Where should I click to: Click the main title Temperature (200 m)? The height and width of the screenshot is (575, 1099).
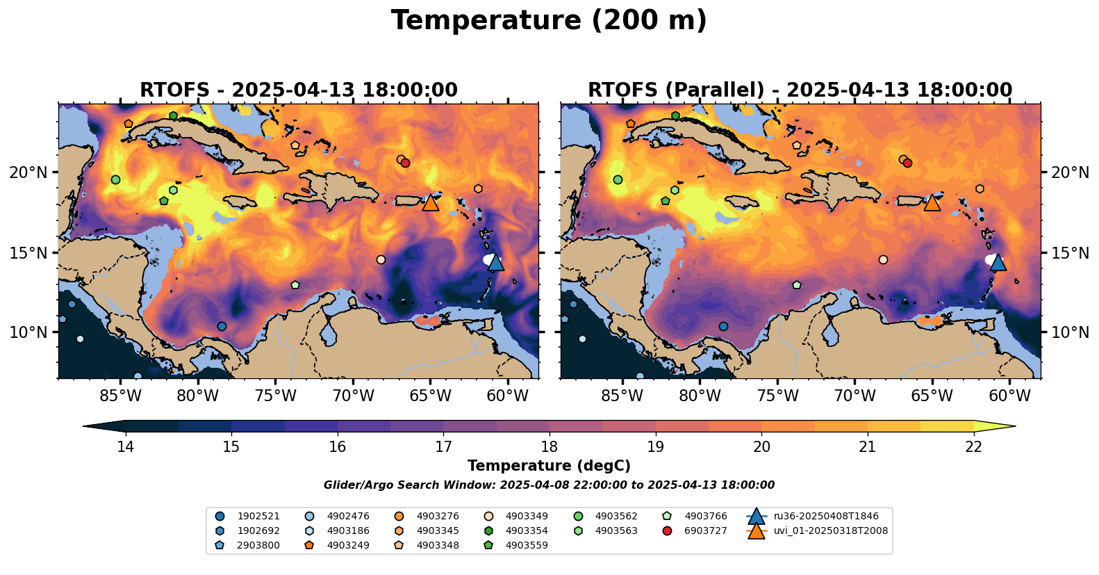tap(549, 21)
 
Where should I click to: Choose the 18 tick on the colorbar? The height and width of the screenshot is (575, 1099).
tap(549, 446)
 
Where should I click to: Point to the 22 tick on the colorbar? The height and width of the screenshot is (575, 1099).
tap(973, 446)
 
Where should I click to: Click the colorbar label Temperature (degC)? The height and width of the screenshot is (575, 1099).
tap(549, 466)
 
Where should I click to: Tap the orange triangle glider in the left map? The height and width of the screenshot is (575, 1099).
tap(431, 202)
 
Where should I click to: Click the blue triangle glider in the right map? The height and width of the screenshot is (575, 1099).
tap(998, 262)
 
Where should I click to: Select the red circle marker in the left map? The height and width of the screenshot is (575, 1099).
tap(406, 163)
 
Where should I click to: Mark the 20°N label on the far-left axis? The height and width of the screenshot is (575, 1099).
tap(28, 172)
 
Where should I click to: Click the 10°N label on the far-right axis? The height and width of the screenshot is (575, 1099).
tap(1071, 332)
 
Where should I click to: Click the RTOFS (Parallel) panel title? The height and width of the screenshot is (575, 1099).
tap(800, 90)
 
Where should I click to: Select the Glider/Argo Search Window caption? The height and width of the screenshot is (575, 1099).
tap(549, 485)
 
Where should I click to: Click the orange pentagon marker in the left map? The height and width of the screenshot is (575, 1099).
tap(129, 124)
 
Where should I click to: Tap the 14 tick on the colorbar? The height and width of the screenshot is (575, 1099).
tap(125, 446)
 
